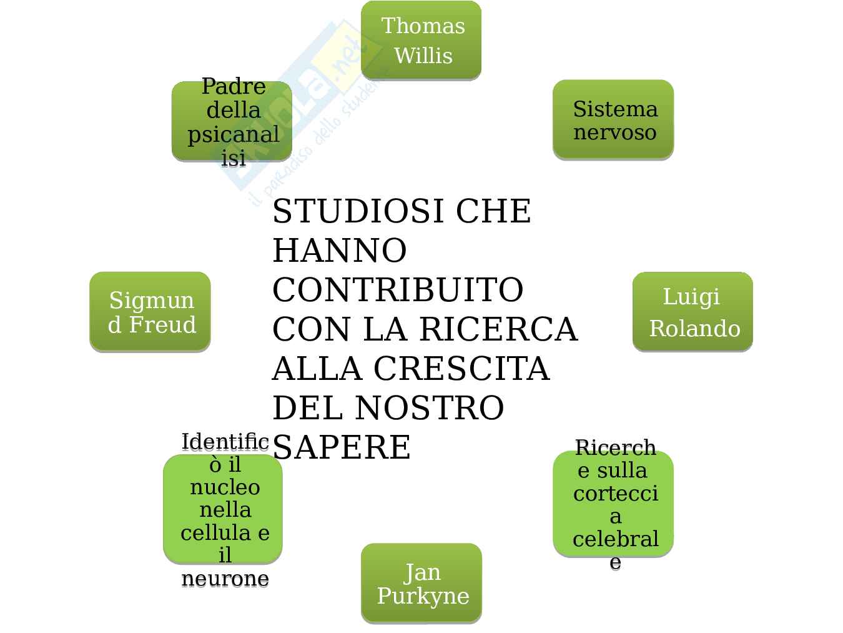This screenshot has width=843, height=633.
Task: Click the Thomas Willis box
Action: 421,40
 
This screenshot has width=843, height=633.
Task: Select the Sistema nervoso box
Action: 613,119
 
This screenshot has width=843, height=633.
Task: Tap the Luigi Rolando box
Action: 692,311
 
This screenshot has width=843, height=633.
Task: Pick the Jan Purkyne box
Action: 421,583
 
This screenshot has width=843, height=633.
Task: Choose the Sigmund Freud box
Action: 150,311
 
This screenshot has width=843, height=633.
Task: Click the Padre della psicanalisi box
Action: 232,121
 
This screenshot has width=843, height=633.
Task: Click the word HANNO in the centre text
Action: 340,251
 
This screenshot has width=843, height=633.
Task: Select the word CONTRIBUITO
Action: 398,290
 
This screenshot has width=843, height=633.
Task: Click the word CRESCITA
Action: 461,369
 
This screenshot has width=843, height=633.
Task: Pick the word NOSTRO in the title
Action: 429,408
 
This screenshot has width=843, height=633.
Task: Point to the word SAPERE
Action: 342,447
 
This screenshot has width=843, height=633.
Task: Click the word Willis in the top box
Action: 423,56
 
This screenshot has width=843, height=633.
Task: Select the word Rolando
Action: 694,329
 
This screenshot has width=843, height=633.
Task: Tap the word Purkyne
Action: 423,596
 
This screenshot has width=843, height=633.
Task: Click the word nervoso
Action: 614,132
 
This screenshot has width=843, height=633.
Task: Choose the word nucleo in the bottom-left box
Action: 225,487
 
